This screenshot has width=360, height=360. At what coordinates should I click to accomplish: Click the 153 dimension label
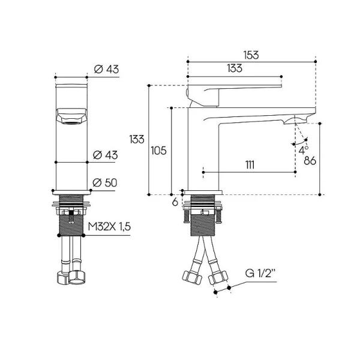click(251, 55)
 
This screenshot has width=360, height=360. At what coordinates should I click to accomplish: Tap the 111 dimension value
click(250, 165)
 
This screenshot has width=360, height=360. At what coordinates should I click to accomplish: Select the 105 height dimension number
click(158, 151)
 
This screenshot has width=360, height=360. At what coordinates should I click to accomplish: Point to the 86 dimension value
click(310, 161)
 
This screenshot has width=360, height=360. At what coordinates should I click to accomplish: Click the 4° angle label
click(303, 151)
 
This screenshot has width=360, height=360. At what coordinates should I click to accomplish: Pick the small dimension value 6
click(175, 202)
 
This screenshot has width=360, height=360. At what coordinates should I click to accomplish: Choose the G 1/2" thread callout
click(260, 274)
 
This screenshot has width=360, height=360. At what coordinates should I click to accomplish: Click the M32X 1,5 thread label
click(109, 227)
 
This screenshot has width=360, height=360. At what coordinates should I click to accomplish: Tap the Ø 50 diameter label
click(104, 183)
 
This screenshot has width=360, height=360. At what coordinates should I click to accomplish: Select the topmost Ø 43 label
click(106, 69)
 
